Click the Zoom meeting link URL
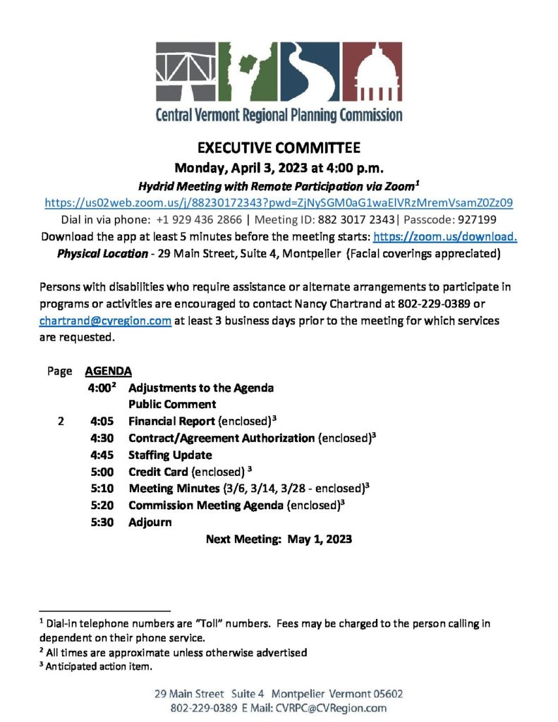279,202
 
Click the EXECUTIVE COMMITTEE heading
279,148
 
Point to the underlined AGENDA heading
108,371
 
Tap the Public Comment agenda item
172,405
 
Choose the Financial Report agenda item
172,422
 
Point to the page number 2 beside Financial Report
61,422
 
